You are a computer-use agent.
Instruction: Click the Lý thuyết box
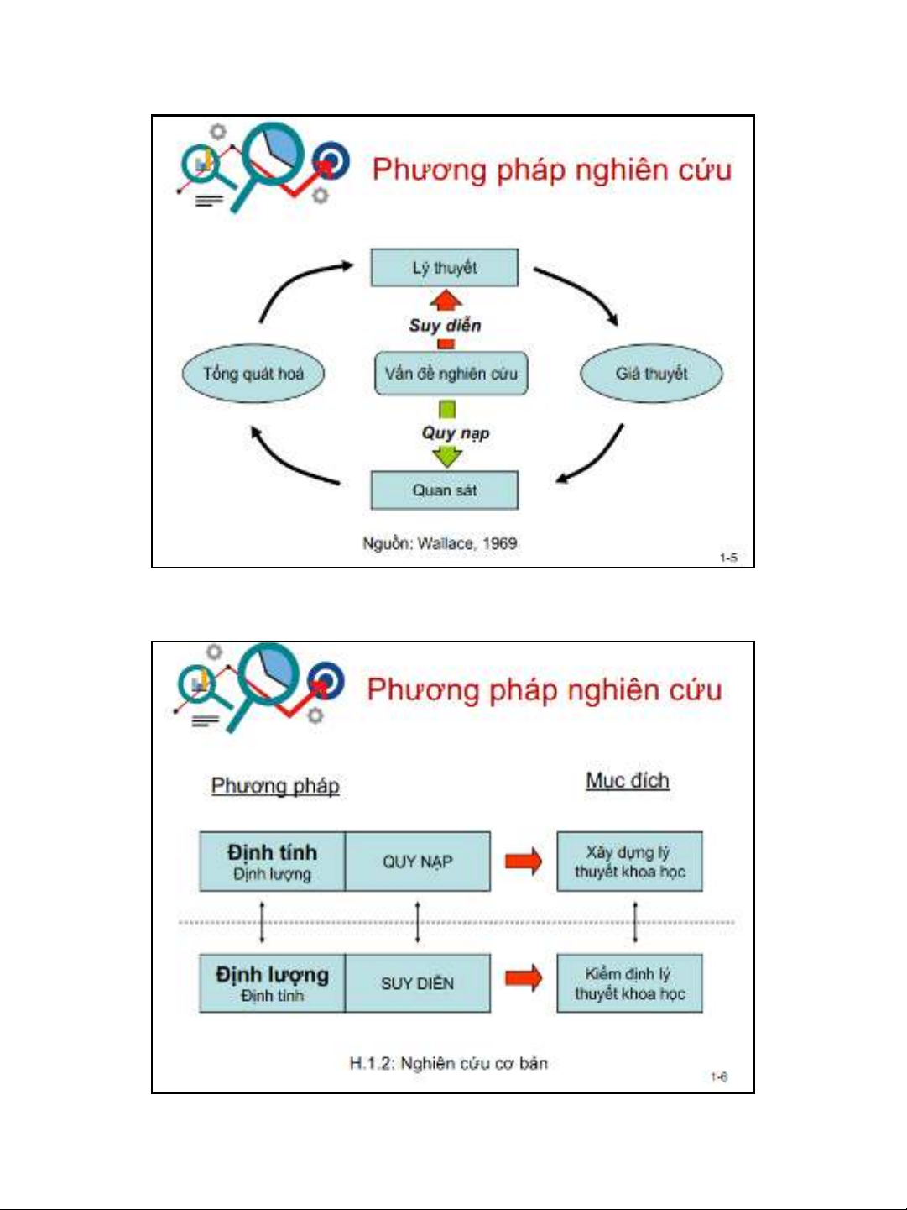point(445,268)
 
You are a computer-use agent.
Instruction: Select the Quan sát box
point(445,490)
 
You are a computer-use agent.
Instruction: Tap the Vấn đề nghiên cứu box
point(451,374)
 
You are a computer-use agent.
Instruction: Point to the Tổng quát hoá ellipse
point(253,374)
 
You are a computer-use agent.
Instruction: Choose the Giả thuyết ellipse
point(651,374)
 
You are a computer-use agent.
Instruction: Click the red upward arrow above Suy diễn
point(446,301)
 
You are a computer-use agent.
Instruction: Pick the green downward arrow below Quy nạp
point(447,456)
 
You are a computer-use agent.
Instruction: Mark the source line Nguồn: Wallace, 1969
point(440,543)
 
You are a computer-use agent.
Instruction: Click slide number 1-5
point(727,558)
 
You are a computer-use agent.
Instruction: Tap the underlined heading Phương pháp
point(275,786)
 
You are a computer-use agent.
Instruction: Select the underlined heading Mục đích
point(628,781)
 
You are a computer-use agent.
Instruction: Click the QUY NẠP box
point(418,862)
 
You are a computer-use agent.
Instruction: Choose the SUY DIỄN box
point(418,983)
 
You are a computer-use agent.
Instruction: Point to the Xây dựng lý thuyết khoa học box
point(630,862)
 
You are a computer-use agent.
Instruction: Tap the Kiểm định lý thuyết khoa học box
point(630,983)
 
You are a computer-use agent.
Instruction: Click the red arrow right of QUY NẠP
point(524,862)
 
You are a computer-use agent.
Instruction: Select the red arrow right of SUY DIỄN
point(524,978)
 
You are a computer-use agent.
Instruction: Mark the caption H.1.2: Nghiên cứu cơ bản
point(448,1064)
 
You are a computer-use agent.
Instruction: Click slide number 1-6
point(719,1077)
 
